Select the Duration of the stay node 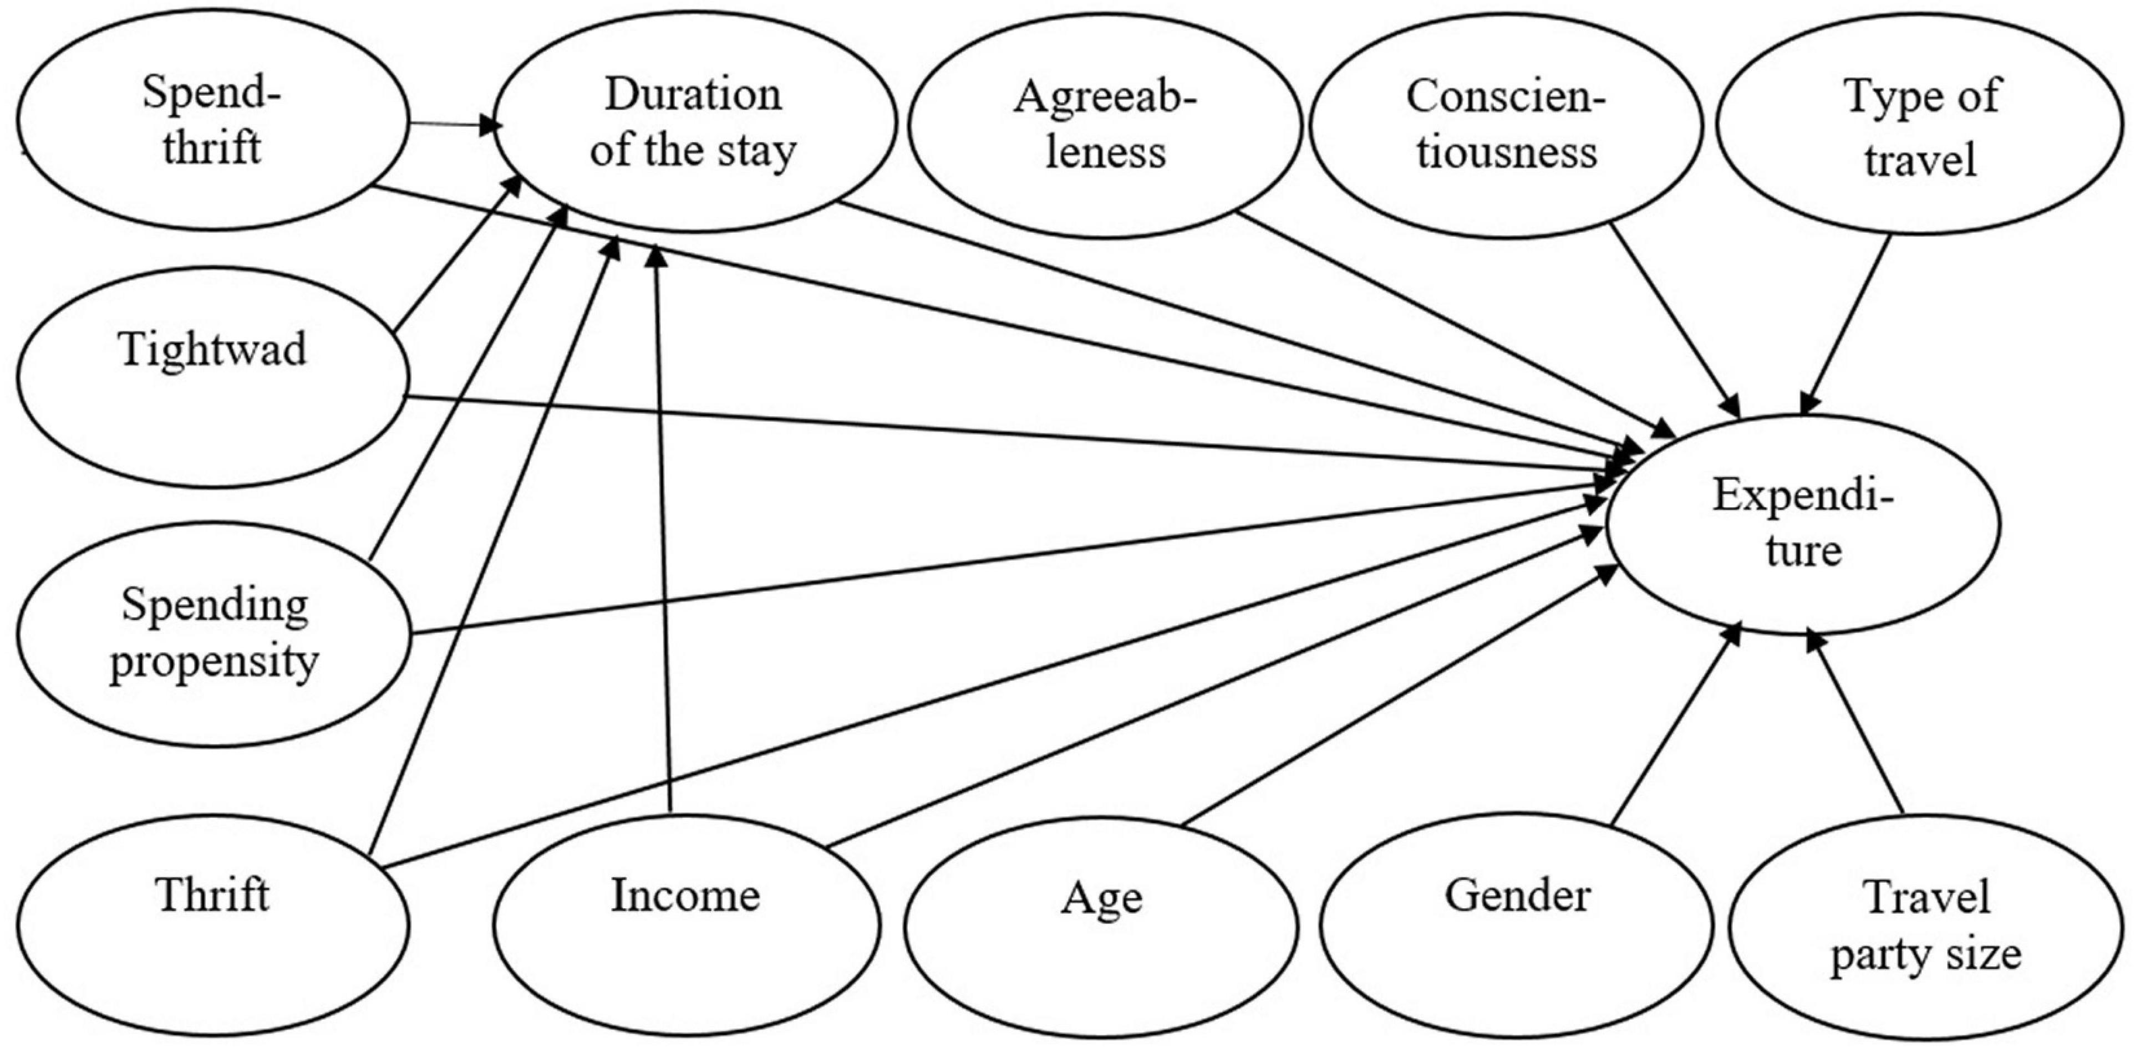click(694, 122)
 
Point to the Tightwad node click(213, 377)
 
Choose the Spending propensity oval click(213, 634)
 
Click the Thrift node click(213, 924)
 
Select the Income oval click(687, 924)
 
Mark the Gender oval click(1517, 924)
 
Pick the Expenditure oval click(1803, 524)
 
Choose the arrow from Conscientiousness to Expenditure click(1674, 319)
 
